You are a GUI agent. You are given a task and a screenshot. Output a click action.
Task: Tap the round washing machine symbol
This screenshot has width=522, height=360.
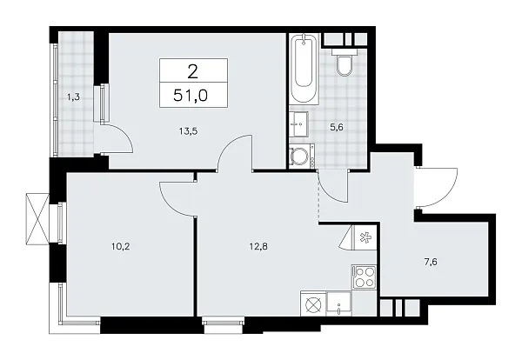(x=302, y=157)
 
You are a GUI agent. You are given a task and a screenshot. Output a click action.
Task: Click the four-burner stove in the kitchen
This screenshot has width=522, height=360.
(x=365, y=278)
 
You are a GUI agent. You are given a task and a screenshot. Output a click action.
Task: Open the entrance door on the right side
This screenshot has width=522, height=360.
(x=439, y=186)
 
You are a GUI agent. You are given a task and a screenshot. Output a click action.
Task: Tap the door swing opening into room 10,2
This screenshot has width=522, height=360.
(x=176, y=198)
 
